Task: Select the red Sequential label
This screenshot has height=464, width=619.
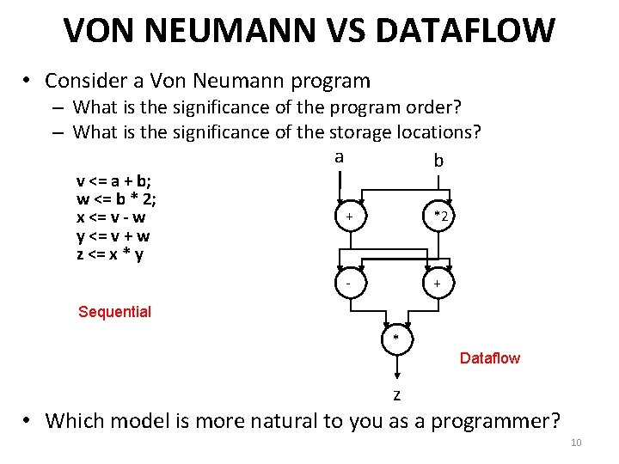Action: coord(114,312)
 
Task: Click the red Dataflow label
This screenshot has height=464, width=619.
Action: coord(490,358)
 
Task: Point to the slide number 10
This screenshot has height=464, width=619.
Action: coord(576,443)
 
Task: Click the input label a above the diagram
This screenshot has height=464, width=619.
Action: coord(339,157)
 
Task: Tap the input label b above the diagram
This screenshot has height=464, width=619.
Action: coord(438,162)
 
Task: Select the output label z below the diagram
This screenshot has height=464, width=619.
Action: coord(396,395)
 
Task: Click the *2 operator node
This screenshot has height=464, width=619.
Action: coord(439,216)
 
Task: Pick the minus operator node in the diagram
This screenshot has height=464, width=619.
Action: coord(348,282)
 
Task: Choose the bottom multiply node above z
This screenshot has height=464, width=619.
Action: coord(396,338)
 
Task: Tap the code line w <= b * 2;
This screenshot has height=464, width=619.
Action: coord(115,199)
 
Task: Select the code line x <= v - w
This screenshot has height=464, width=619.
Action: coord(111,217)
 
